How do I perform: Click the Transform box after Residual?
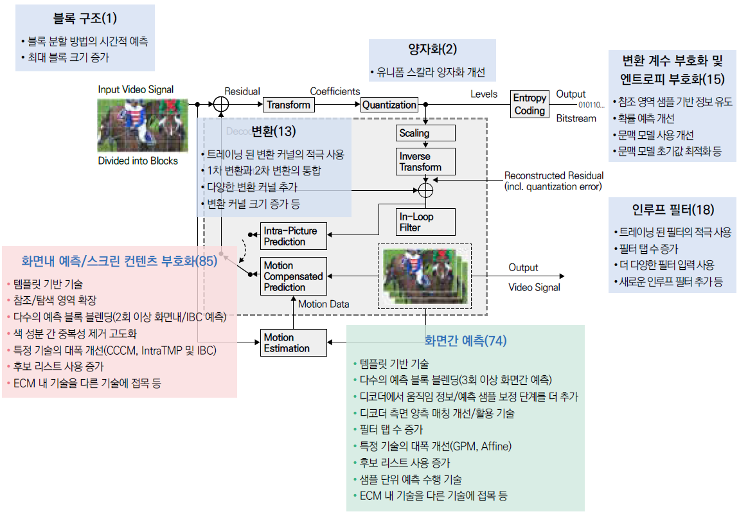click(289, 105)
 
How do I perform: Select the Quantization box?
click(389, 105)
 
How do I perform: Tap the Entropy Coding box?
click(530, 104)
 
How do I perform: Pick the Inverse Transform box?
click(425, 162)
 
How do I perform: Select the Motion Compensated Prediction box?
click(294, 276)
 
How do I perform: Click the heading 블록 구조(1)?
click(85, 19)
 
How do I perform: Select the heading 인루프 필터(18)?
click(672, 209)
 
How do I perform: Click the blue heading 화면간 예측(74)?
click(465, 341)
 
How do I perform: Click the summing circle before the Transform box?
click(220, 104)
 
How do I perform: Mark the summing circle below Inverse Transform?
click(425, 189)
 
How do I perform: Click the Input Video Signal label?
click(136, 90)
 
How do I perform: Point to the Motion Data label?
click(324, 304)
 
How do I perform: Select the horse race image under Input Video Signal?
click(143, 125)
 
